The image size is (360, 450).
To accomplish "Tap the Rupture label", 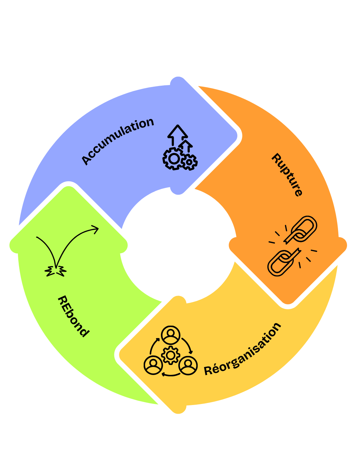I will coord(287,175).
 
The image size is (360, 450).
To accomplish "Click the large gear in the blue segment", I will coord(173,159).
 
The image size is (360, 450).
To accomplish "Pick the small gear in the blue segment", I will coord(189,162).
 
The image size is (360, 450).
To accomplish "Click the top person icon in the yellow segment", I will coord(171,335).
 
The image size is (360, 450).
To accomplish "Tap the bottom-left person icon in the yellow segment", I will coord(153,365).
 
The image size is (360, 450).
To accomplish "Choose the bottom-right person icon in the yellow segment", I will coord(188,365).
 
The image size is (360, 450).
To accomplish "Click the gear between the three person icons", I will coord(171,355).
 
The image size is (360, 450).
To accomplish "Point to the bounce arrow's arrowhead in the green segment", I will coord(95,229).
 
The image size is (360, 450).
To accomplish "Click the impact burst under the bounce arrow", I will coord(56,271).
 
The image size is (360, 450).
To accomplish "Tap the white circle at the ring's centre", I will coord(178,245).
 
